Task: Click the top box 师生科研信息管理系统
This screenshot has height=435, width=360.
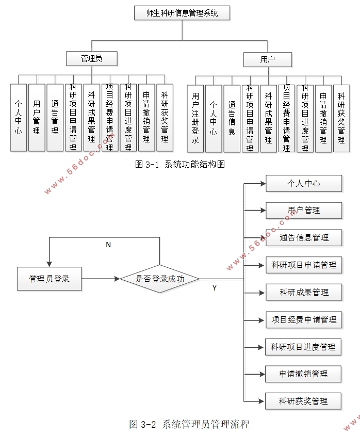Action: [x=182, y=13]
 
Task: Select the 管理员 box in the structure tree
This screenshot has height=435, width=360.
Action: [x=92, y=58]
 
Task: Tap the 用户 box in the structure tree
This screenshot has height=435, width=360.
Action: [x=267, y=59]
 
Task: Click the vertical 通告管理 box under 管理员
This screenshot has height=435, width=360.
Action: [x=55, y=117]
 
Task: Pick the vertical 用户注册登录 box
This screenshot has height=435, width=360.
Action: [x=195, y=118]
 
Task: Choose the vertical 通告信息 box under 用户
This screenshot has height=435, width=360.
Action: [x=232, y=118]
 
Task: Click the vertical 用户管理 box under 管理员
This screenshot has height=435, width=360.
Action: [x=37, y=117]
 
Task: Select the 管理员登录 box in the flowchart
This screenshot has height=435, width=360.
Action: [x=49, y=279]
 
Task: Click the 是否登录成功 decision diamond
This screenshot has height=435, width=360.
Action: [x=159, y=279]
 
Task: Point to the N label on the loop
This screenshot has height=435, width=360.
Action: [x=108, y=245]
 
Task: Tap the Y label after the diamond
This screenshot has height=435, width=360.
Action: [x=214, y=288]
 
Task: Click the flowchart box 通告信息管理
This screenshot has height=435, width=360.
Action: [x=304, y=237]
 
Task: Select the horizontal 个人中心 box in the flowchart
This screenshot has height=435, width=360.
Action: [x=304, y=183]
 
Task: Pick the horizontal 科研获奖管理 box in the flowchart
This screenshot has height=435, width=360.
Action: [x=303, y=401]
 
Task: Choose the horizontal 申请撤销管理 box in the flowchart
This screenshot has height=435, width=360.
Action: [x=303, y=374]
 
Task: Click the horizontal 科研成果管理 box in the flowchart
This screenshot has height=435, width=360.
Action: [x=304, y=292]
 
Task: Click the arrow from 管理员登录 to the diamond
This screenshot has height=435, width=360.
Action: [x=101, y=279]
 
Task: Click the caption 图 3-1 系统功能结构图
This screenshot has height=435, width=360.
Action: [x=180, y=165]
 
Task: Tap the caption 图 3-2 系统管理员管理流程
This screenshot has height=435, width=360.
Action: [x=189, y=425]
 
